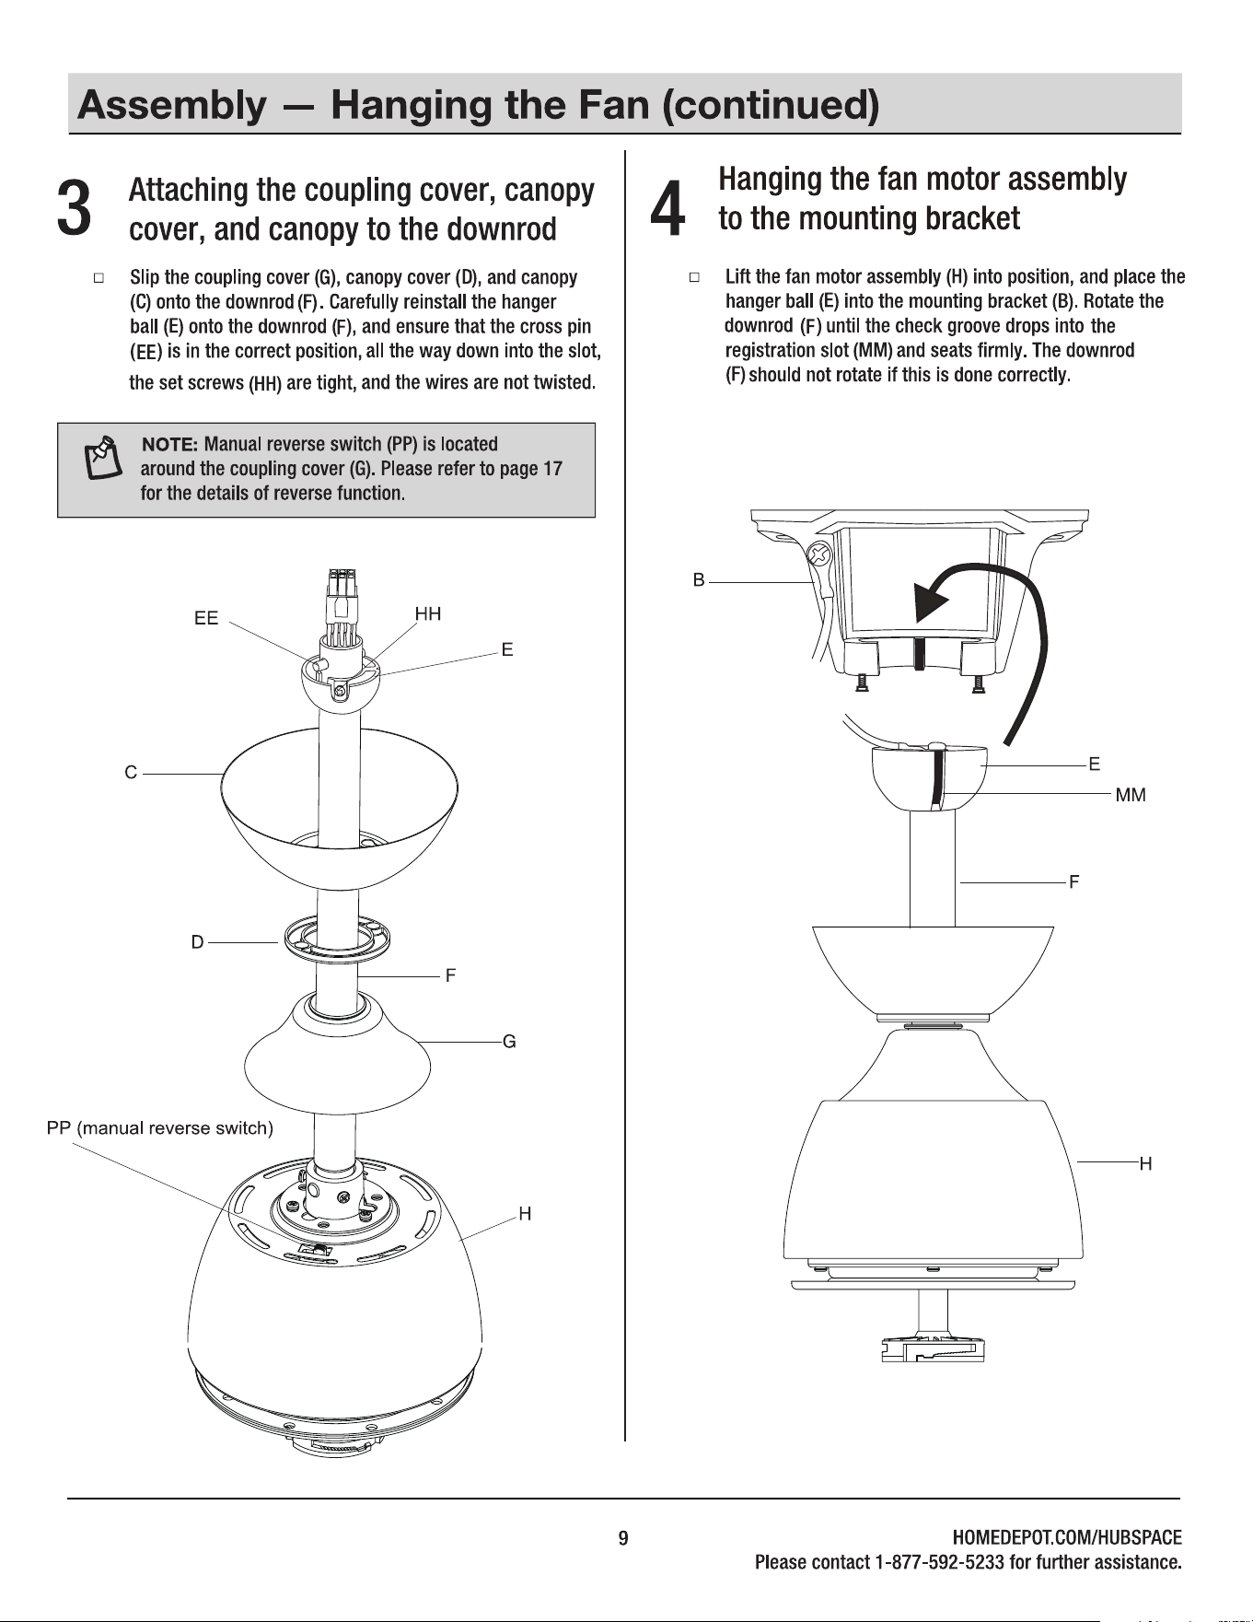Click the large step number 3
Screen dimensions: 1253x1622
pyautogui.click(x=74, y=207)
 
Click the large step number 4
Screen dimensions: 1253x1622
pyautogui.click(x=667, y=207)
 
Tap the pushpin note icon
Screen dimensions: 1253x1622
pyautogui.click(x=103, y=459)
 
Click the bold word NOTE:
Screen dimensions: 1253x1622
pyautogui.click(x=170, y=445)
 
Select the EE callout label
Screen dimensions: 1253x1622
pyautogui.click(x=206, y=619)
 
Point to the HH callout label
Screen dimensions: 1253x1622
pyautogui.click(x=428, y=613)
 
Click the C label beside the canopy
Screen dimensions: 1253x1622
pyautogui.click(x=131, y=773)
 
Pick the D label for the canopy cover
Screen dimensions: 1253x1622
pyautogui.click(x=197, y=942)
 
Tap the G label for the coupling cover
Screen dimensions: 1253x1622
pyautogui.click(x=509, y=1042)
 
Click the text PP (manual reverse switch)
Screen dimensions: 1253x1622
pyautogui.click(x=160, y=1128)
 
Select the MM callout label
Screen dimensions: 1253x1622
pyautogui.click(x=1131, y=795)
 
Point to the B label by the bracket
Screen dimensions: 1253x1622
pyautogui.click(x=699, y=580)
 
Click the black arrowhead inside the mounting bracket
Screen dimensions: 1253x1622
pyautogui.click(x=931, y=604)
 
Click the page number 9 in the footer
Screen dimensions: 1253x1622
pyautogui.click(x=623, y=1538)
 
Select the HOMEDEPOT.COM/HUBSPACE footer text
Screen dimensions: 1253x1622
pyautogui.click(x=1067, y=1537)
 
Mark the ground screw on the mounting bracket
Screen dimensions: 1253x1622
pyautogui.click(x=819, y=555)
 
